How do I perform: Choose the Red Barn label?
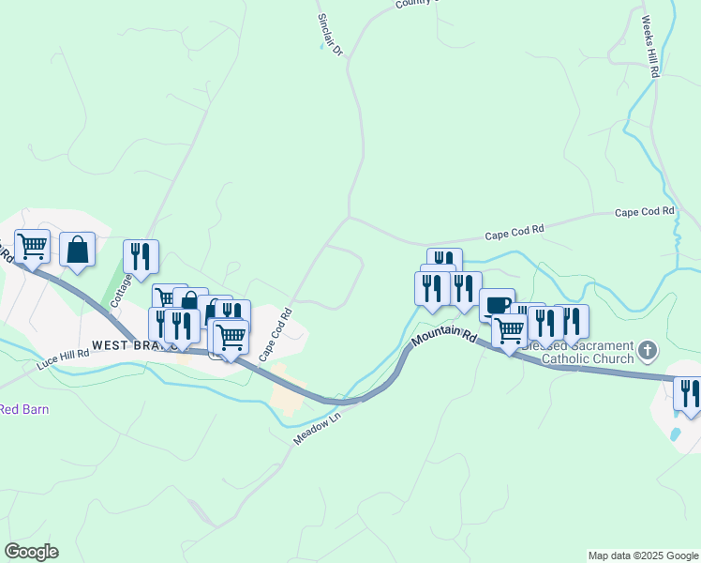coord(23,409)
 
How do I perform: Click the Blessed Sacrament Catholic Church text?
coord(572,352)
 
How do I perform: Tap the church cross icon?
coord(647,352)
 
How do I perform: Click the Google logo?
coord(31,552)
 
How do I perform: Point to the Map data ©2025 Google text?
coord(643,555)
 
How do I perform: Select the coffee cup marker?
coord(498,304)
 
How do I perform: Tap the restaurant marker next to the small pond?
coord(687,393)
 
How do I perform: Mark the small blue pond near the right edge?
coord(675,435)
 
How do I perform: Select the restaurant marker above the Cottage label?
coord(141,256)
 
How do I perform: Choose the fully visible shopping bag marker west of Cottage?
coord(78,250)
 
